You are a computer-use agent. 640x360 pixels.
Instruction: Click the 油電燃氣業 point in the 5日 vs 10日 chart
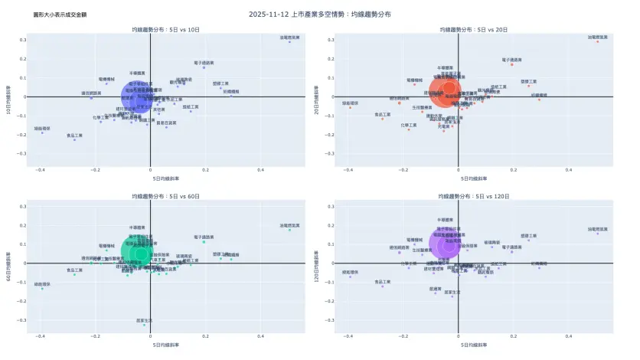pyautogui.click(x=289, y=41)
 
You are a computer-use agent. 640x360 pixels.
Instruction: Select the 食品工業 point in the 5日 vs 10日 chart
pyautogui.click(x=74, y=139)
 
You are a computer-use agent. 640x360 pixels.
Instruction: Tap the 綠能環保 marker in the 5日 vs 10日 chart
pyautogui.click(x=41, y=133)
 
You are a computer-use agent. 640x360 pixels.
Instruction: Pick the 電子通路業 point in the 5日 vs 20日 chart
pyautogui.click(x=511, y=64)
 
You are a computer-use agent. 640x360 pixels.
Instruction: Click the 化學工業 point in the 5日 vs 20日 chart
pyautogui.click(x=409, y=129)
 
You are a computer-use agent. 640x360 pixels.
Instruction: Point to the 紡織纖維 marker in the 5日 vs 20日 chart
pyautogui.click(x=539, y=100)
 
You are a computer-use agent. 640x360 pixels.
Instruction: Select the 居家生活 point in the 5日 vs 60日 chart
pyautogui.click(x=144, y=325)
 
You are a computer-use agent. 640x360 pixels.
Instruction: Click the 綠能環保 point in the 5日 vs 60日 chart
pyautogui.click(x=41, y=289)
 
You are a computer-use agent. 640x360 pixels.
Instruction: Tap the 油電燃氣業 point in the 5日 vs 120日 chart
pyautogui.click(x=598, y=233)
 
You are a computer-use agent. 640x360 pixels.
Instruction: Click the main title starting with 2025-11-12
pyautogui.click(x=320, y=14)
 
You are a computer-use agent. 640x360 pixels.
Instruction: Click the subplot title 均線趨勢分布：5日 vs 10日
pyautogui.click(x=165, y=28)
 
